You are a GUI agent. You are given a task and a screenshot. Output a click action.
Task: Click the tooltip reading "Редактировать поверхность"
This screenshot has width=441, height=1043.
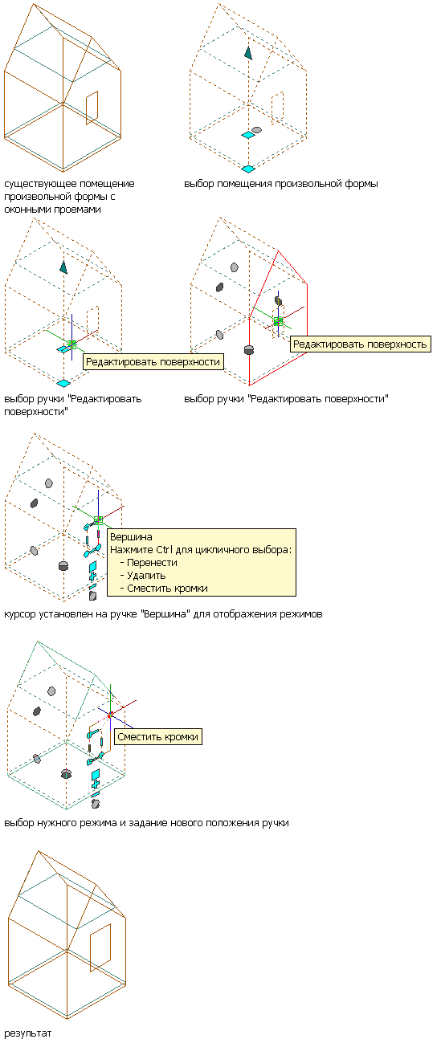click(361, 344)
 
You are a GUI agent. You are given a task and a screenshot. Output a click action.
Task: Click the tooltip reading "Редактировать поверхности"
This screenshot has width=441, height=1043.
click(153, 362)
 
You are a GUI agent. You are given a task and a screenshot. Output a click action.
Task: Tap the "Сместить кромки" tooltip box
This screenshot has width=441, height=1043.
click(158, 736)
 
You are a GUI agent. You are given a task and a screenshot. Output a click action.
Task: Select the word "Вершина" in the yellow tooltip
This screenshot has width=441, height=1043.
click(131, 537)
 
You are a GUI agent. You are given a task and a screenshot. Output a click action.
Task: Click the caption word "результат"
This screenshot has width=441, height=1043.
click(28, 1033)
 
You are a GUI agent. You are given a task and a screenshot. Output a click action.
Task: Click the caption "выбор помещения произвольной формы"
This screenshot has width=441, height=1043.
click(281, 184)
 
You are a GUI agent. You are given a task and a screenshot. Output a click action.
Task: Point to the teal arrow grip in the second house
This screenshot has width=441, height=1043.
click(248, 53)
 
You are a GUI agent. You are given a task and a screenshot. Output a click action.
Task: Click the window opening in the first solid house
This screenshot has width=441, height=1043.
click(92, 108)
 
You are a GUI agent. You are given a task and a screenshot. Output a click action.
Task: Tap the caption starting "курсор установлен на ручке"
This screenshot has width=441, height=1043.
click(163, 614)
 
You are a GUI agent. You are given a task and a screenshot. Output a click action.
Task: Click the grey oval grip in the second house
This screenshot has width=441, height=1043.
click(256, 129)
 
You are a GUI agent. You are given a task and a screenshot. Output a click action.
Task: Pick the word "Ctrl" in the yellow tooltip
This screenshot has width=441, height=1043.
click(164, 549)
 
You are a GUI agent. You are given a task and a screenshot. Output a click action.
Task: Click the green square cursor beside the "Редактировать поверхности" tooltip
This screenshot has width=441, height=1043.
click(71, 344)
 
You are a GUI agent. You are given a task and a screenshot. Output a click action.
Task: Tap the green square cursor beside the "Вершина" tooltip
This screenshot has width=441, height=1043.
click(98, 520)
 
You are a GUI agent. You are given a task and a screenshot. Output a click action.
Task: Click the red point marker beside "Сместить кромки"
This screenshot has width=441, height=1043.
click(110, 714)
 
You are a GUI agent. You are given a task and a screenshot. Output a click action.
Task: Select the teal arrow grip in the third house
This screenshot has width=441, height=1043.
click(63, 267)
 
